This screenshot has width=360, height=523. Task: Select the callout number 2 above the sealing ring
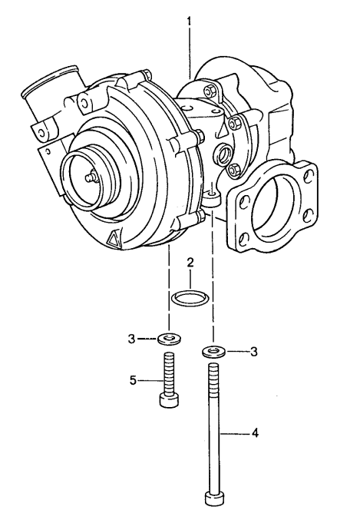tap(190, 263)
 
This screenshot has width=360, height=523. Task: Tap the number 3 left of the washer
tap(132, 338)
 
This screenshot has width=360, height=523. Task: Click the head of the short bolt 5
tap(167, 401)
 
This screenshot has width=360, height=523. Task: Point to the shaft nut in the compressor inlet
tap(91, 177)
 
